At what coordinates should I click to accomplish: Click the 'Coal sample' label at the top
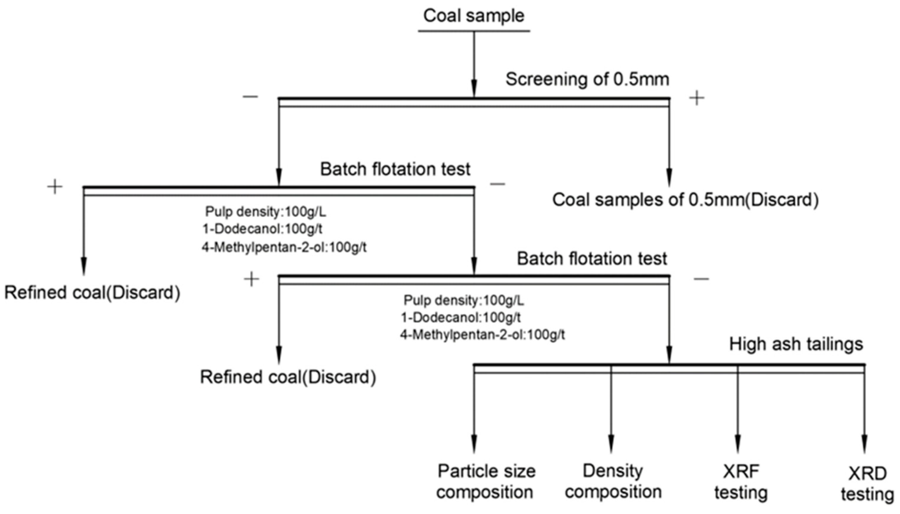click(x=474, y=16)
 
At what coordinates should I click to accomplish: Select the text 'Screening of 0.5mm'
click(x=587, y=79)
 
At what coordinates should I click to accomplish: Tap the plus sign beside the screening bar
click(x=696, y=98)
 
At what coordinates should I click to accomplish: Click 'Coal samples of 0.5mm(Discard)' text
click(x=685, y=200)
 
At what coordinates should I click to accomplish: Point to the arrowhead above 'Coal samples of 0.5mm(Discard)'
click(x=669, y=177)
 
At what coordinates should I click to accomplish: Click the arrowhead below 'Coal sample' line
click(x=474, y=88)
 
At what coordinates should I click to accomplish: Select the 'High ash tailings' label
click(x=796, y=344)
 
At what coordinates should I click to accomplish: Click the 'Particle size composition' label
click(x=486, y=482)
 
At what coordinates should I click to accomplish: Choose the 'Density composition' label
click(x=613, y=482)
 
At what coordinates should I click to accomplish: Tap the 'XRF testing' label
click(x=741, y=482)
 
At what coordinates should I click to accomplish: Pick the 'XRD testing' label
click(x=867, y=484)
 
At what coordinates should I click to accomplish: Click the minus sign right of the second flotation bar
click(x=701, y=279)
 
